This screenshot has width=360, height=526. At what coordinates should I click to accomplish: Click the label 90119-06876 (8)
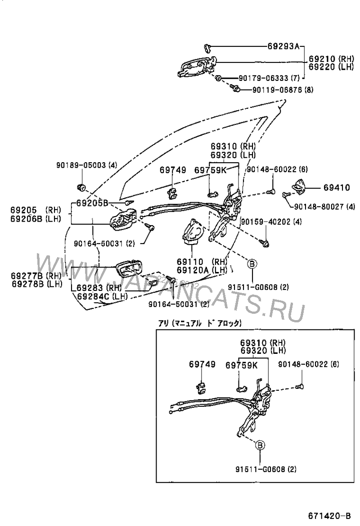[282, 89]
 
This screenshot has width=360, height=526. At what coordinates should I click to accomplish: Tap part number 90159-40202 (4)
[271, 222]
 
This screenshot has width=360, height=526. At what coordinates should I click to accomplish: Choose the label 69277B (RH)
[36, 275]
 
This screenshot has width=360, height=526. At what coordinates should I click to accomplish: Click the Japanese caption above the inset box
[200, 323]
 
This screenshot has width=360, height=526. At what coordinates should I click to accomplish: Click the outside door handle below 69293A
[197, 67]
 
